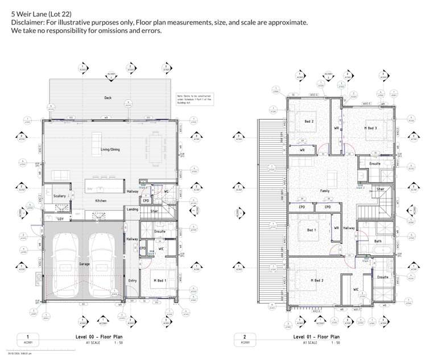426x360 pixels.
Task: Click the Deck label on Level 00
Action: click(x=108, y=98)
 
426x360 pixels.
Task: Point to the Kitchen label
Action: click(x=101, y=201)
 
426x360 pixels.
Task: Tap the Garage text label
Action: click(x=85, y=264)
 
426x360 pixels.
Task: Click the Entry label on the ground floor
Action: click(x=133, y=280)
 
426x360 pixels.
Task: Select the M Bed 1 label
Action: click(x=159, y=280)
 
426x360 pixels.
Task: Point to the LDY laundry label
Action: click(x=60, y=218)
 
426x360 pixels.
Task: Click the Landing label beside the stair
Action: click(x=133, y=209)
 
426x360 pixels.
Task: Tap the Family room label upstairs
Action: click(x=325, y=191)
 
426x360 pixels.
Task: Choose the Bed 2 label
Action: click(x=309, y=121)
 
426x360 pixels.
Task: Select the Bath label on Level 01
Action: click(x=378, y=241)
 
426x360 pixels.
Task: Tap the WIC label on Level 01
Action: click(x=355, y=289)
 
